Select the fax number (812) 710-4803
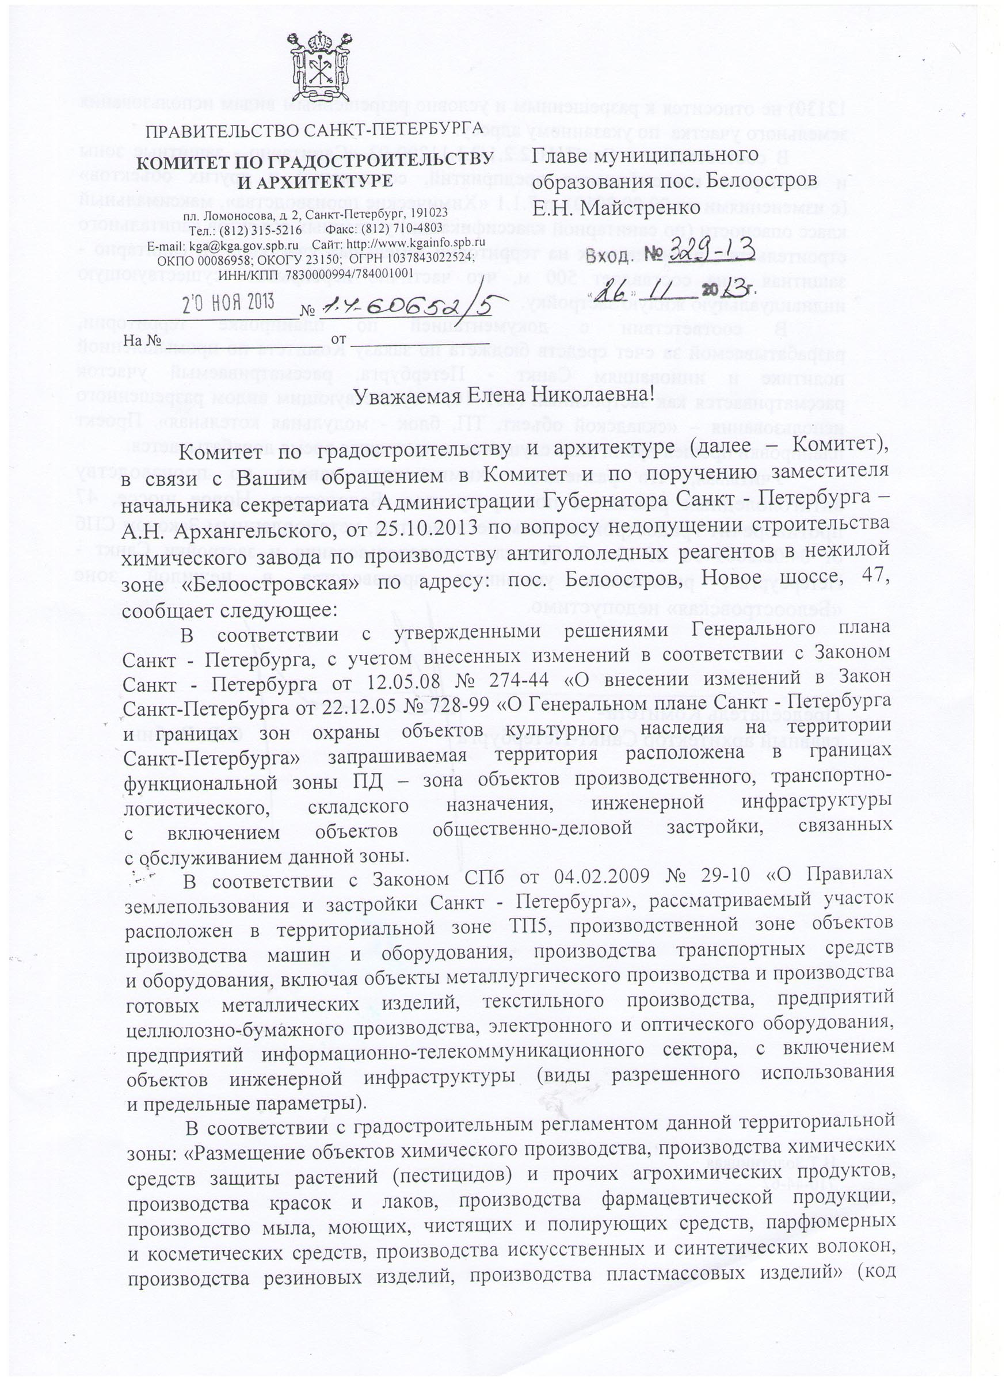(402, 228)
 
